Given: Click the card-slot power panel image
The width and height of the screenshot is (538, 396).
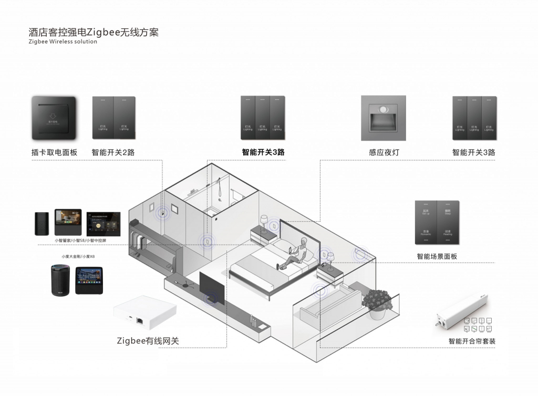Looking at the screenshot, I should (55, 118).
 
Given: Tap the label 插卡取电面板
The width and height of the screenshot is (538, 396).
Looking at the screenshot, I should (54, 153).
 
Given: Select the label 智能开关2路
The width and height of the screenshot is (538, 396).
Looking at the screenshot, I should (112, 153).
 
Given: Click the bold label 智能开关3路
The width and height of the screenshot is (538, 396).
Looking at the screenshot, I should (263, 153).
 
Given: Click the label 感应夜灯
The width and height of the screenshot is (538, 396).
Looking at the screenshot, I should (385, 153).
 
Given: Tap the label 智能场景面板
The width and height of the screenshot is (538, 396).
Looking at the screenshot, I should (437, 257).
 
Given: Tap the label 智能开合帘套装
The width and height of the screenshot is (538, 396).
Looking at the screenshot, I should (472, 341).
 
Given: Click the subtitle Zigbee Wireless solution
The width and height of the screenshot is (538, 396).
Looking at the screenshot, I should (63, 41).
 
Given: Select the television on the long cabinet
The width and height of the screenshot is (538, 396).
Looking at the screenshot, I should (212, 290).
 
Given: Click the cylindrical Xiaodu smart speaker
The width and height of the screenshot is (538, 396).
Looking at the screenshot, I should (59, 282).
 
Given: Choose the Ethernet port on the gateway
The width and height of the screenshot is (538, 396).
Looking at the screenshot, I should (140, 320).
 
